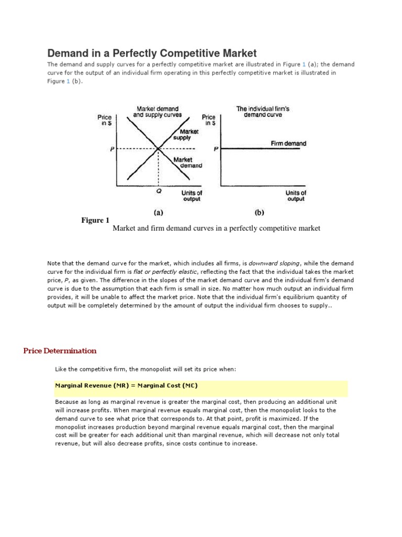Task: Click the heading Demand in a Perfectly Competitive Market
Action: coord(152,53)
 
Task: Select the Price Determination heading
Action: coord(60,351)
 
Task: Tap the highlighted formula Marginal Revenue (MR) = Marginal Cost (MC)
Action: coord(126,385)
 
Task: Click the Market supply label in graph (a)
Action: coord(183,135)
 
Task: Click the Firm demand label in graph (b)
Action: coord(288,143)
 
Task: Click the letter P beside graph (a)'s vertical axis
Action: coord(112,149)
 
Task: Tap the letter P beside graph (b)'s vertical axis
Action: coord(216,149)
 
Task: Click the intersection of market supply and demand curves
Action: coord(159,149)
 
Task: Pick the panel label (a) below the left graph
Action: coord(157,213)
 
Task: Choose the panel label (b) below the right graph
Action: coord(259,213)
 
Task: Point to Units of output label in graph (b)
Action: coord(296,196)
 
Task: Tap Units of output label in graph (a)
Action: coord(192,196)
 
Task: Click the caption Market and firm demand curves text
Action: coord(216,228)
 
